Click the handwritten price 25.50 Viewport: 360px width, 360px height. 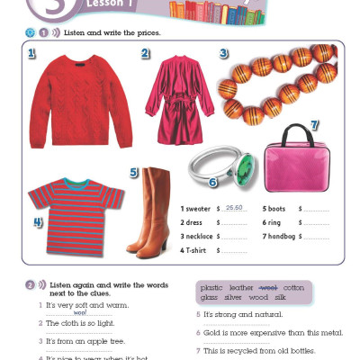tap(236, 208)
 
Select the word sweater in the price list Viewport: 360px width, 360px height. tap(201, 209)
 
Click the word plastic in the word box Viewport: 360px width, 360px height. tap(212, 287)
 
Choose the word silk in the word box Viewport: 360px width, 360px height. tap(280, 296)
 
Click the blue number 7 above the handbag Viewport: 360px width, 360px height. tap(314, 124)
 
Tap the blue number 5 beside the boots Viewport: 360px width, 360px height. tap(133, 172)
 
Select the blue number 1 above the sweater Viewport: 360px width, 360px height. tap(31, 55)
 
